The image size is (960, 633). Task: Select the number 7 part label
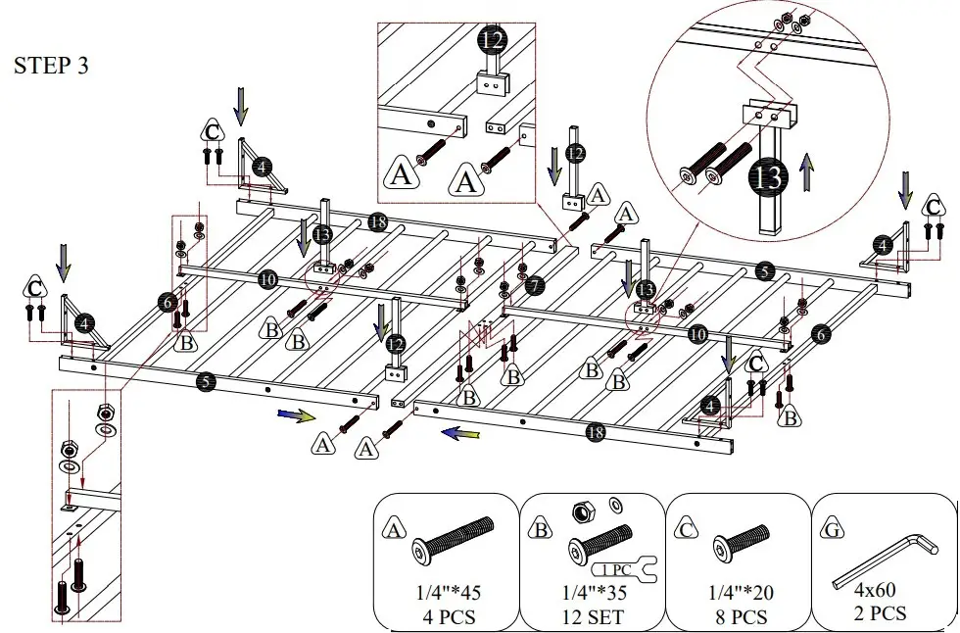533,286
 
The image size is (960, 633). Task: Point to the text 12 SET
591,617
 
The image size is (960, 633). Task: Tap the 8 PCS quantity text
737,617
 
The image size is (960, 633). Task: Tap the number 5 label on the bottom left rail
205,381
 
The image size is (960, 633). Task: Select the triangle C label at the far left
35,289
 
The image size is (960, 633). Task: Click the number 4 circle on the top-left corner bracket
261,168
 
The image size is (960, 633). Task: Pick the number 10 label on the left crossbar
267,280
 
